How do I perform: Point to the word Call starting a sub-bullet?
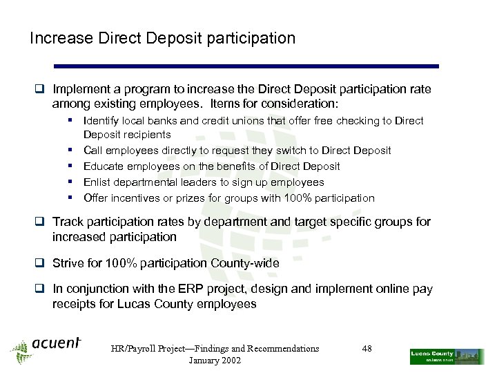click(92, 151)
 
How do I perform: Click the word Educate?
click(104, 166)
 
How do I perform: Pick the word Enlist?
click(97, 182)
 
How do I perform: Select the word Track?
click(67, 222)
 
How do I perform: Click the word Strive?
click(68, 263)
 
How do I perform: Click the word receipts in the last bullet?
click(74, 304)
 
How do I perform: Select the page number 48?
click(367, 349)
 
